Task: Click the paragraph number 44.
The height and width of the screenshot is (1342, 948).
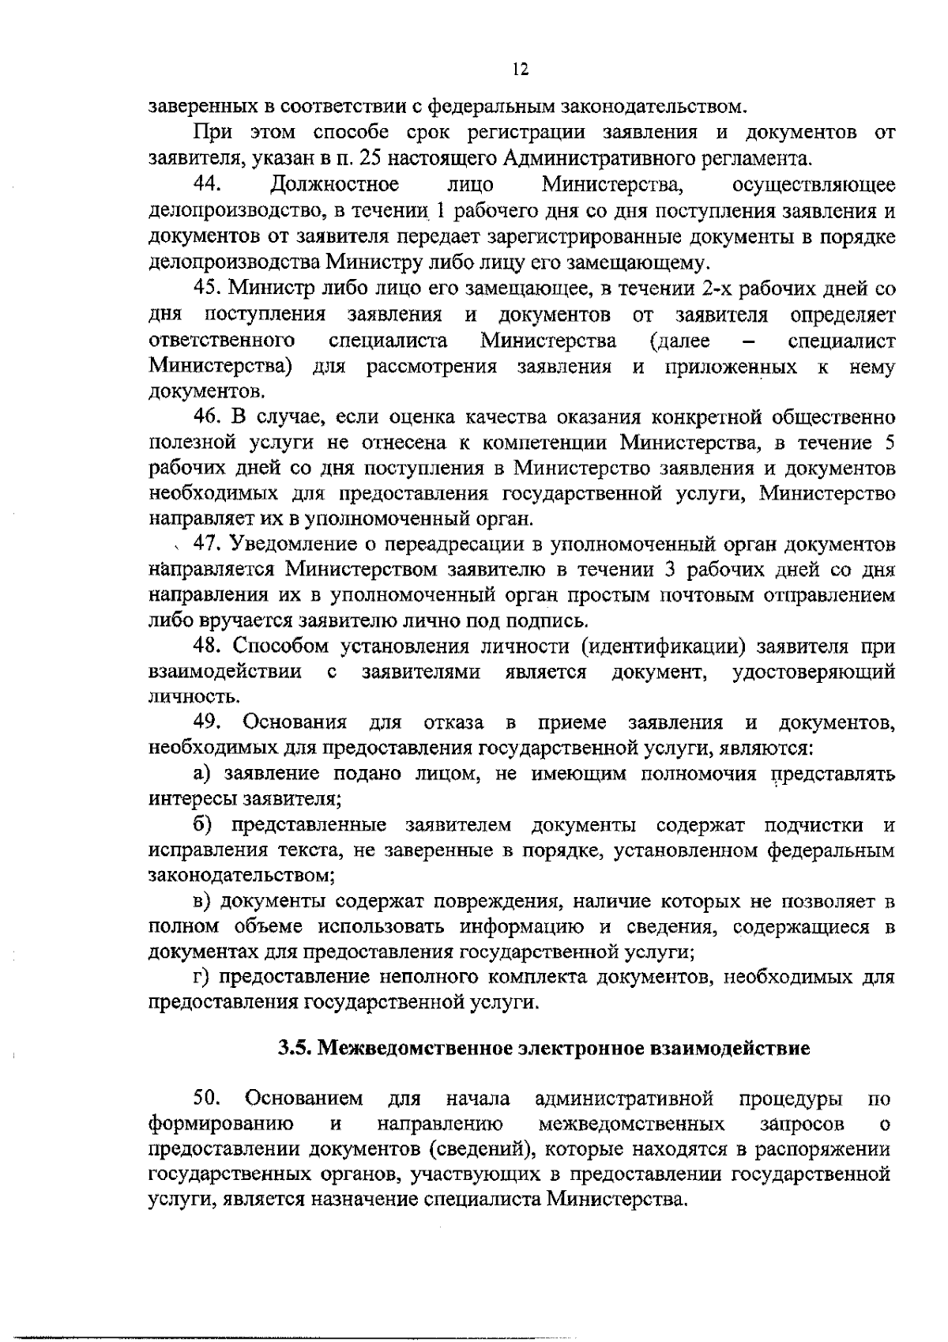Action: [207, 185]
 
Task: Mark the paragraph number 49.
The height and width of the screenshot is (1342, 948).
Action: [210, 722]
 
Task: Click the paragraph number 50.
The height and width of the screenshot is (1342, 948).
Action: [209, 1098]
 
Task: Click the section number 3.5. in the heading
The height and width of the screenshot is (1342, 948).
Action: [297, 1049]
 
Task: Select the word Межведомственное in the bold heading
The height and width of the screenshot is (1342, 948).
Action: [416, 1049]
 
